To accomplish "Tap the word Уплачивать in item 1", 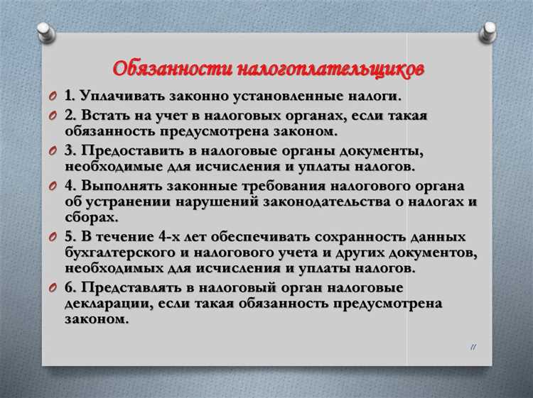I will click(x=122, y=96).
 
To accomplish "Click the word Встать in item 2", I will click(x=106, y=116).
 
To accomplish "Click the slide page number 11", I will click(x=473, y=346).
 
